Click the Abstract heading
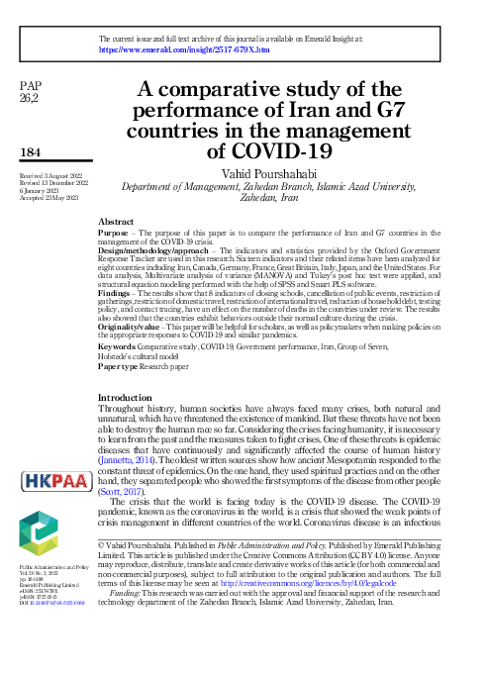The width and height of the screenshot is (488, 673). pos(117,222)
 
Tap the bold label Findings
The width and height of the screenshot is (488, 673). pos(116,294)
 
